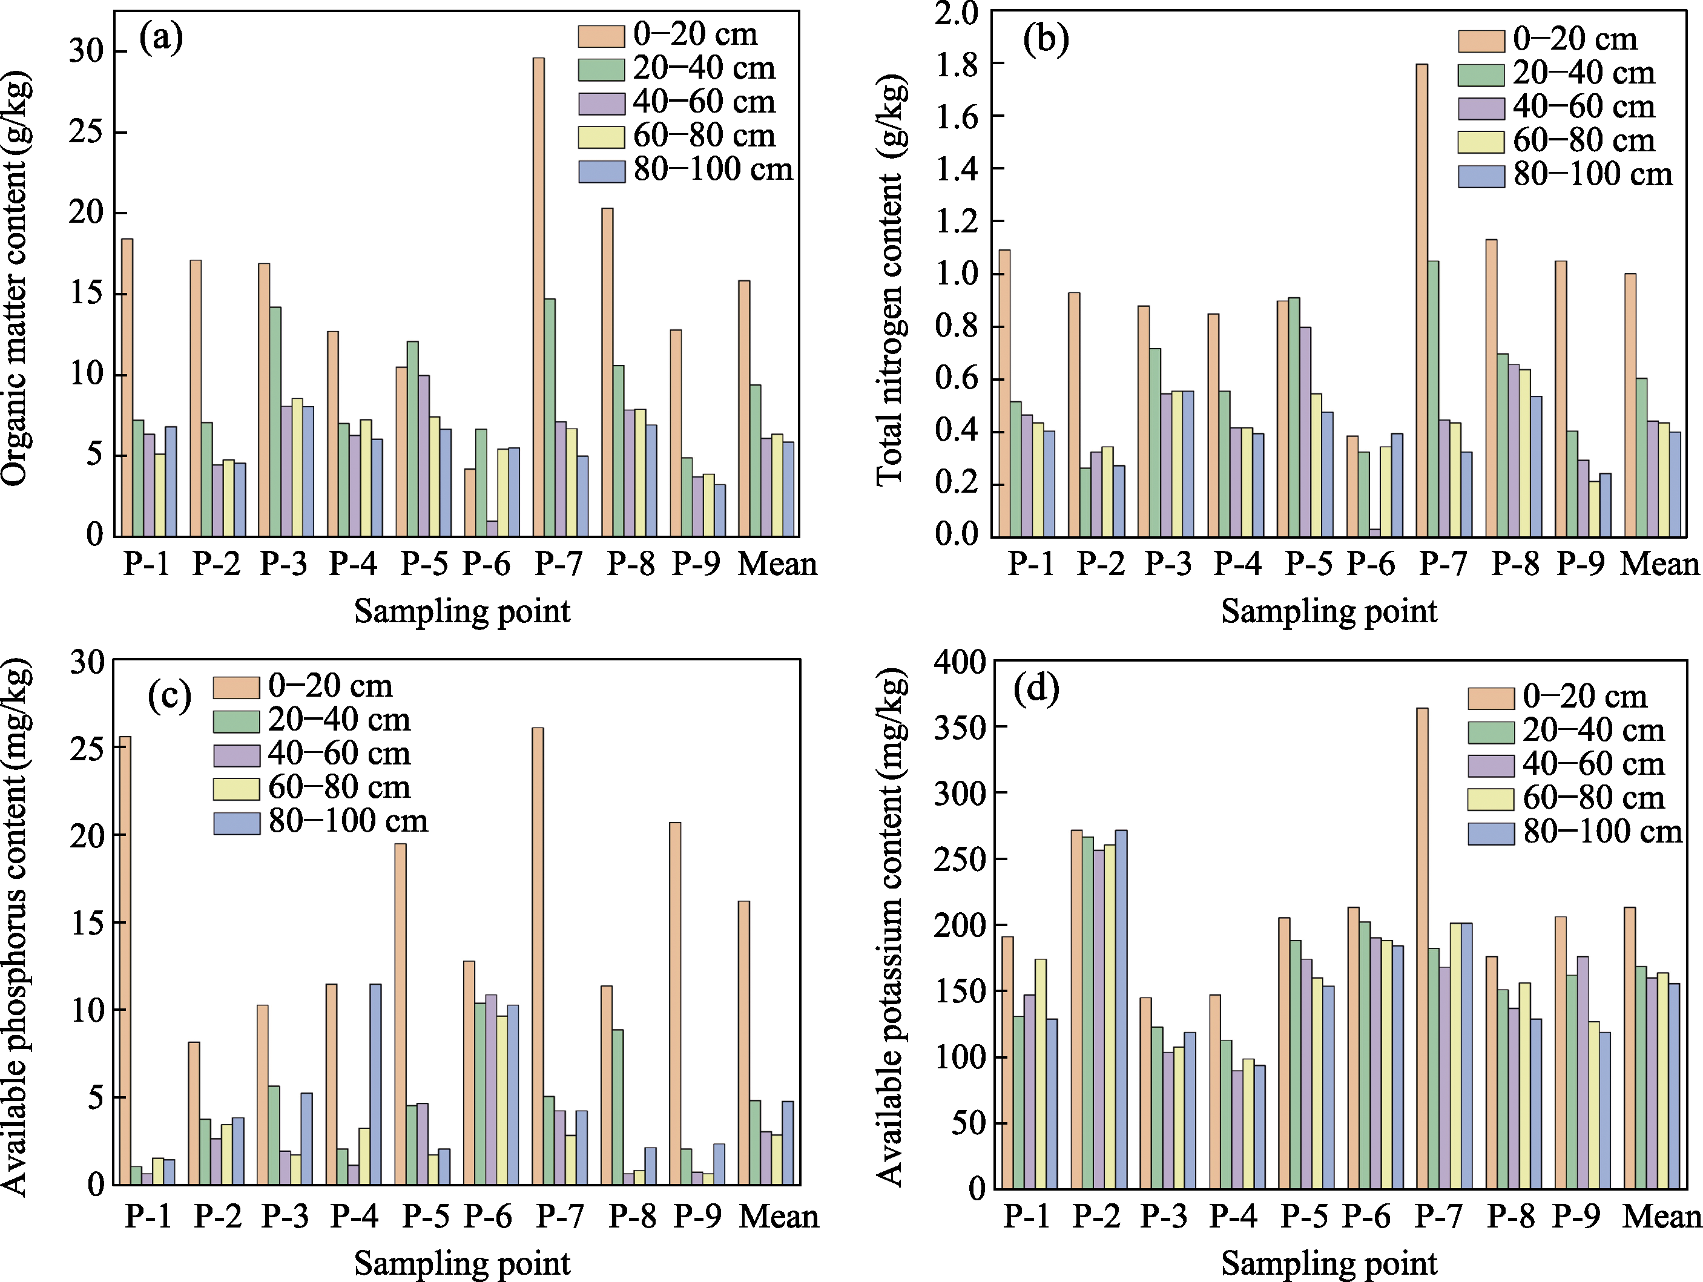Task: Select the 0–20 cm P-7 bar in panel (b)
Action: tap(1421, 300)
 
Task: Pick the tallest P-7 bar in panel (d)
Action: tap(1422, 948)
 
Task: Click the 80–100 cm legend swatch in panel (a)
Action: tap(601, 171)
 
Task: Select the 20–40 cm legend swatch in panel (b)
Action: tap(1480, 74)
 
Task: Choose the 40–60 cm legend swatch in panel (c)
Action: tap(236, 755)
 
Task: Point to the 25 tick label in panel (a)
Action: tap(86, 132)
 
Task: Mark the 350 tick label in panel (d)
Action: tap(960, 728)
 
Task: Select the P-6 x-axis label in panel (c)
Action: tap(487, 1216)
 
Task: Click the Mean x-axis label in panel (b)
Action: tap(1660, 564)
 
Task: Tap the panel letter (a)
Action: tap(161, 37)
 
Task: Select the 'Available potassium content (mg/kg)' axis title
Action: tap(890, 927)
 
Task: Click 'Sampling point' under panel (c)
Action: tap(462, 1263)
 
